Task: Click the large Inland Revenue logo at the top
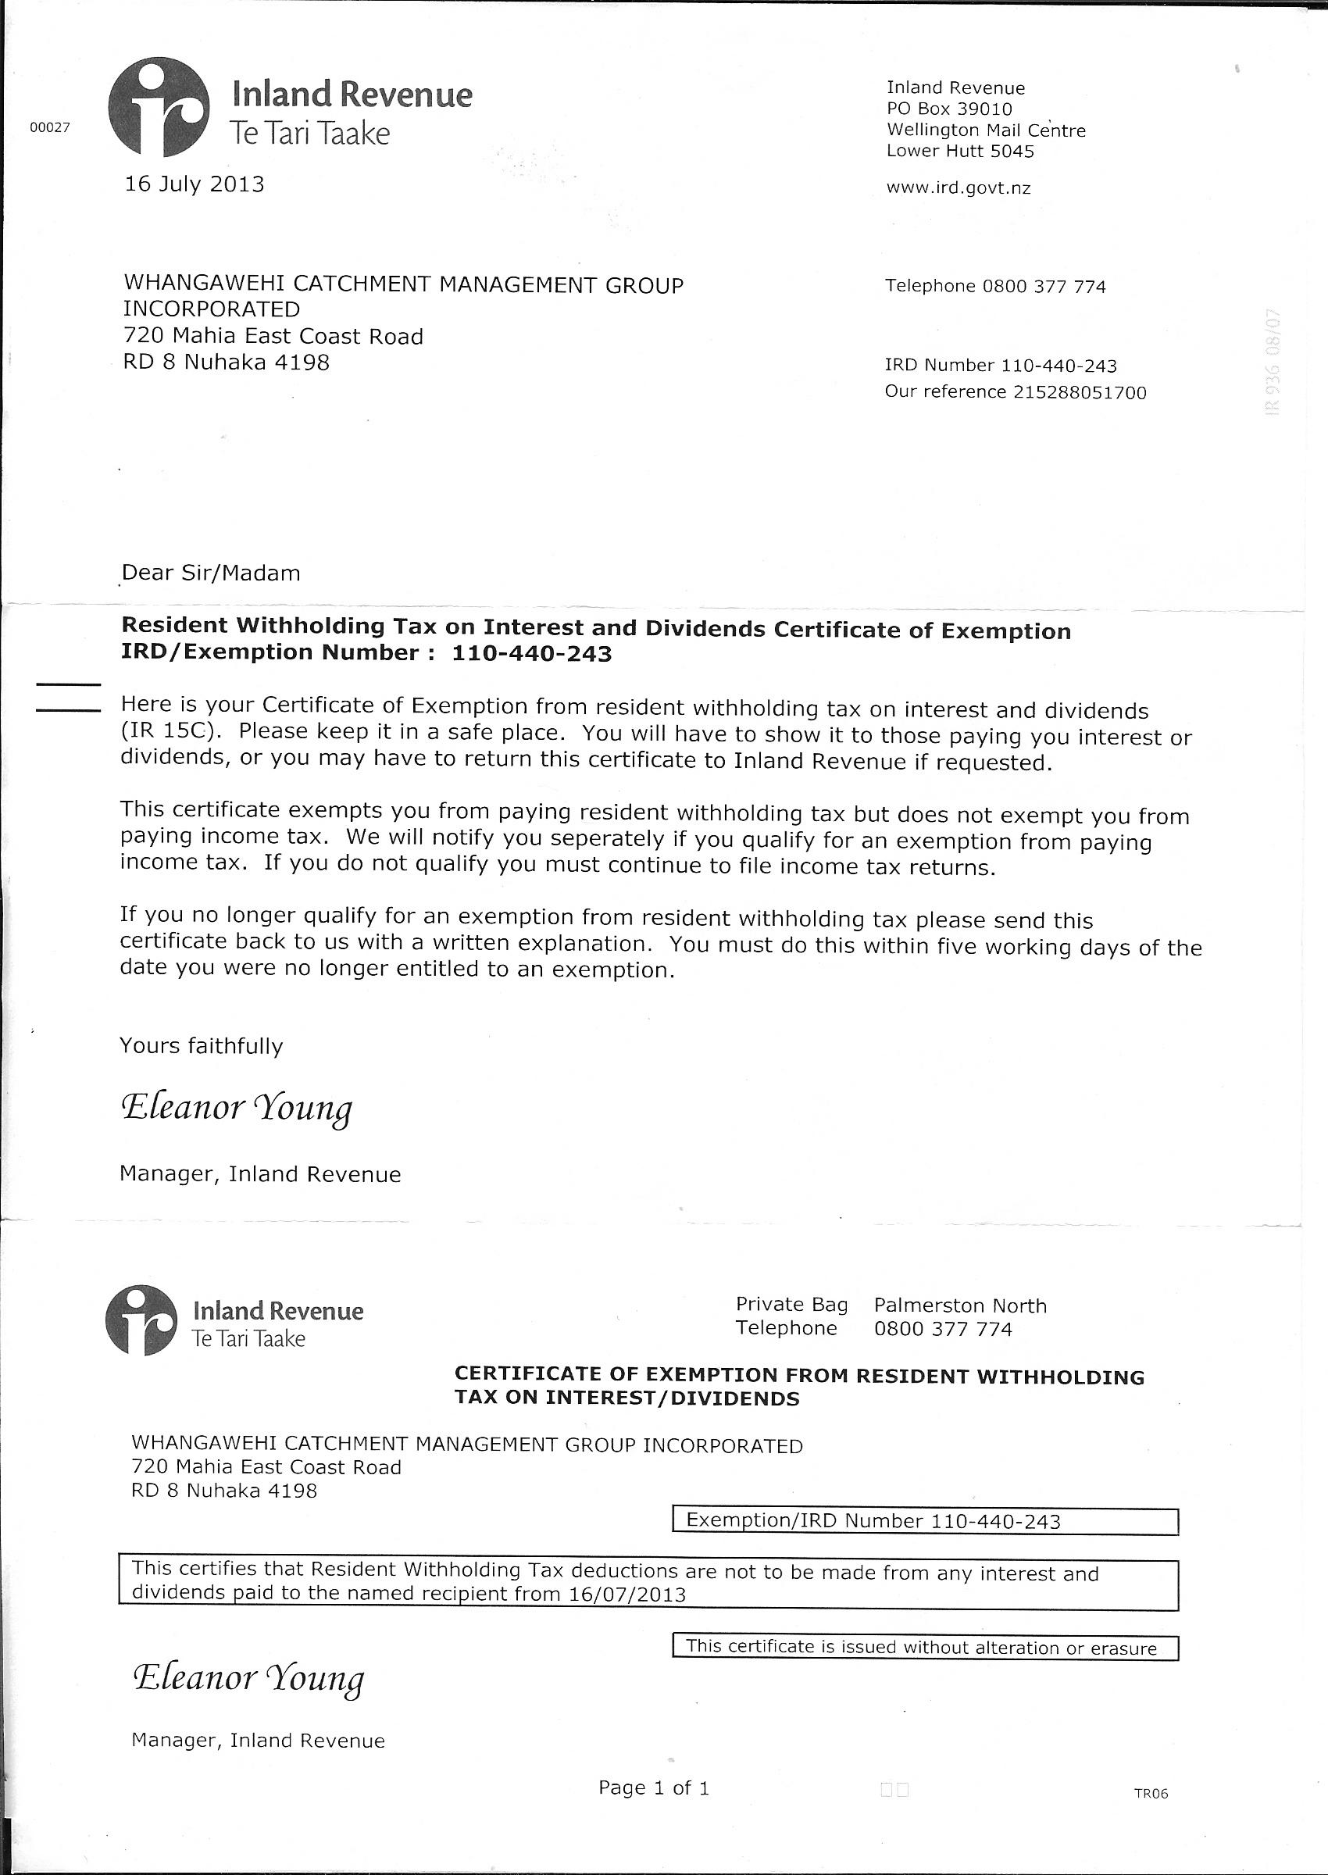coord(159,107)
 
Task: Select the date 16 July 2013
coord(194,184)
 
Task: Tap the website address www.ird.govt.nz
coord(959,188)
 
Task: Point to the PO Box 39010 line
coord(949,109)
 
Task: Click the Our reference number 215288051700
coord(1080,392)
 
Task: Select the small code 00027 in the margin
coord(51,127)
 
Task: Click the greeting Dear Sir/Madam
coord(211,573)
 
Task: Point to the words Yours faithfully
coord(202,1046)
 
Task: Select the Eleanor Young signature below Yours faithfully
coord(237,1108)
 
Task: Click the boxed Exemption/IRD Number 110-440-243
coord(924,1521)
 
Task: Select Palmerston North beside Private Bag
coord(960,1306)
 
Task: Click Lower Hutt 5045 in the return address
coord(960,152)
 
